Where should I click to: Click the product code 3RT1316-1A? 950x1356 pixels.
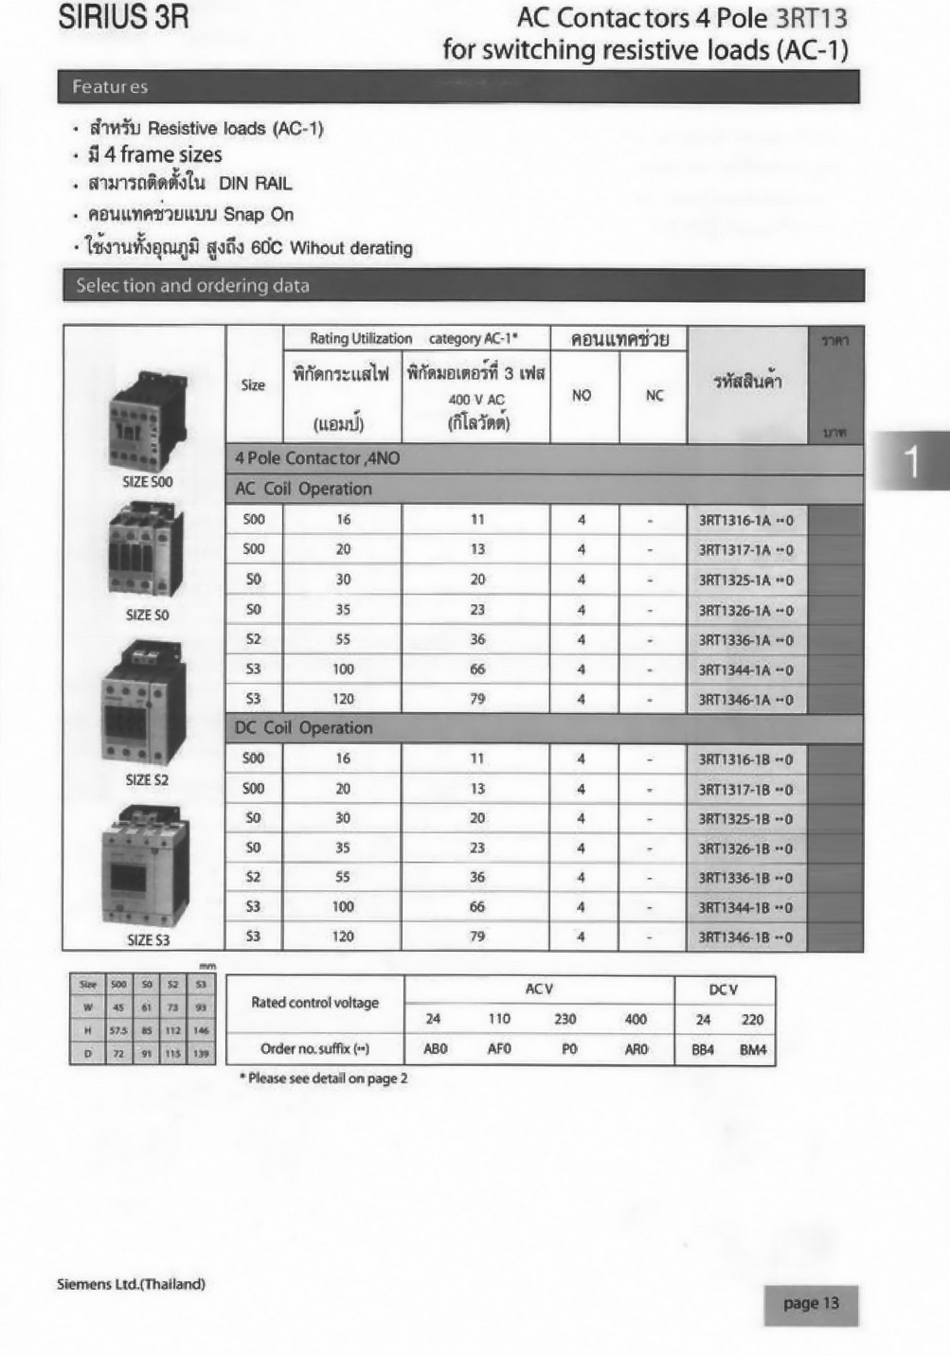pos(745,520)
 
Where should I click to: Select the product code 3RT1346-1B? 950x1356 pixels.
pos(745,938)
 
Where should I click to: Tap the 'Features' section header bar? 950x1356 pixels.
pos(457,87)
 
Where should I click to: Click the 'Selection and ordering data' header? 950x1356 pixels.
pos(463,286)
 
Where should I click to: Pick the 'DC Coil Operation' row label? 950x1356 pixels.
pos(303,728)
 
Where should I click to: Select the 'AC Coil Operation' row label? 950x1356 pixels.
pos(303,490)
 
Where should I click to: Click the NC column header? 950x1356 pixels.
pos(654,396)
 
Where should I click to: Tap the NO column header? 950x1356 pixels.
pos(582,396)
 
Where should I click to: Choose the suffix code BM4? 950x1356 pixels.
pos(753,1050)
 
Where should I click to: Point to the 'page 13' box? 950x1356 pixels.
pos(811,1304)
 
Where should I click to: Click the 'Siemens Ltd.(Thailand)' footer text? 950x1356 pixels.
pos(131,1284)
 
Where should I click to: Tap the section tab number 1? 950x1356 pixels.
pos(911,461)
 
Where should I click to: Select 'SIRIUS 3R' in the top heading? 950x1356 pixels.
pos(123,18)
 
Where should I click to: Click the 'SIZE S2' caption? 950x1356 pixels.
pos(147,780)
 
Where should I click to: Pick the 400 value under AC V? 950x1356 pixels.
pos(636,1020)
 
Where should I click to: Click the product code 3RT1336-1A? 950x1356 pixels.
pos(745,640)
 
